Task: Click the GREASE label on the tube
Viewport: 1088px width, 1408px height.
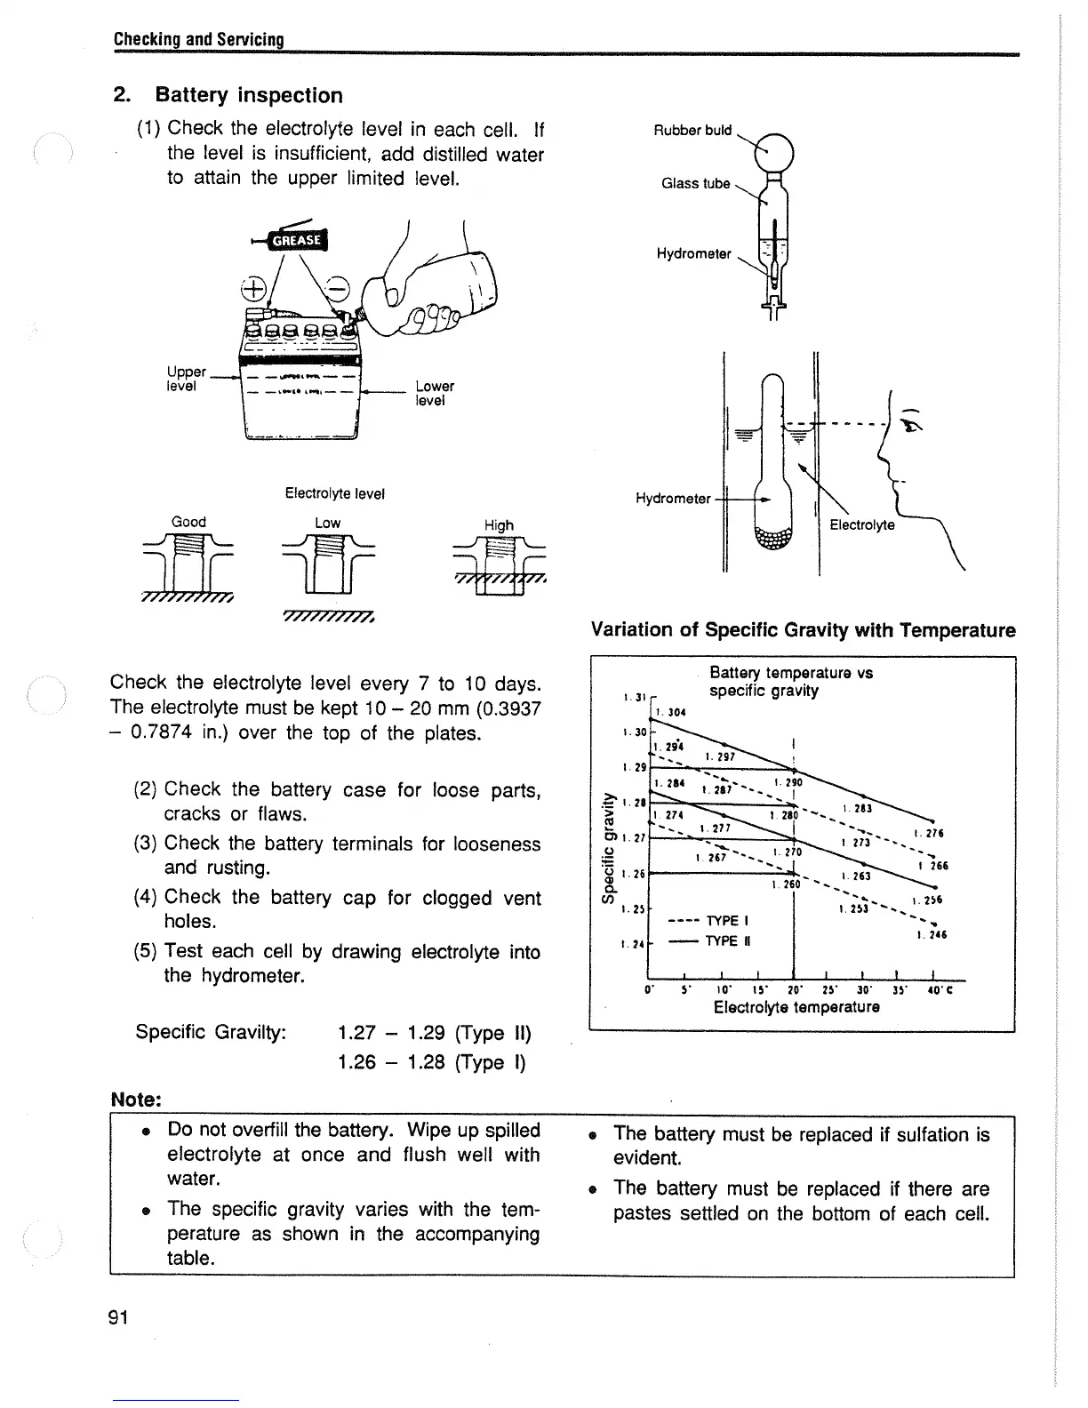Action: tap(298, 240)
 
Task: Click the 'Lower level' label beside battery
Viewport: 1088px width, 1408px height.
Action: tap(434, 393)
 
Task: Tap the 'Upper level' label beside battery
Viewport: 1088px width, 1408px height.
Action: tap(186, 379)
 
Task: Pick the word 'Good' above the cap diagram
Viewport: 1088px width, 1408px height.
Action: tap(188, 522)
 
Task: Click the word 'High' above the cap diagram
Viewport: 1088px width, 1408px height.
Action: tap(499, 524)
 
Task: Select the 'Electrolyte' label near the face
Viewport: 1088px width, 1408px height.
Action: tap(861, 525)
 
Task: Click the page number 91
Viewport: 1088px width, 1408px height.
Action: tap(119, 1317)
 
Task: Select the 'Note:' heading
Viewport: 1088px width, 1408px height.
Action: tap(135, 1100)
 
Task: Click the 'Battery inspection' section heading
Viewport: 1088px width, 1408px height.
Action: tap(248, 95)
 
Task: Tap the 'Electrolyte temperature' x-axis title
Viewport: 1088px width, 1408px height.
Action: tap(796, 1007)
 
